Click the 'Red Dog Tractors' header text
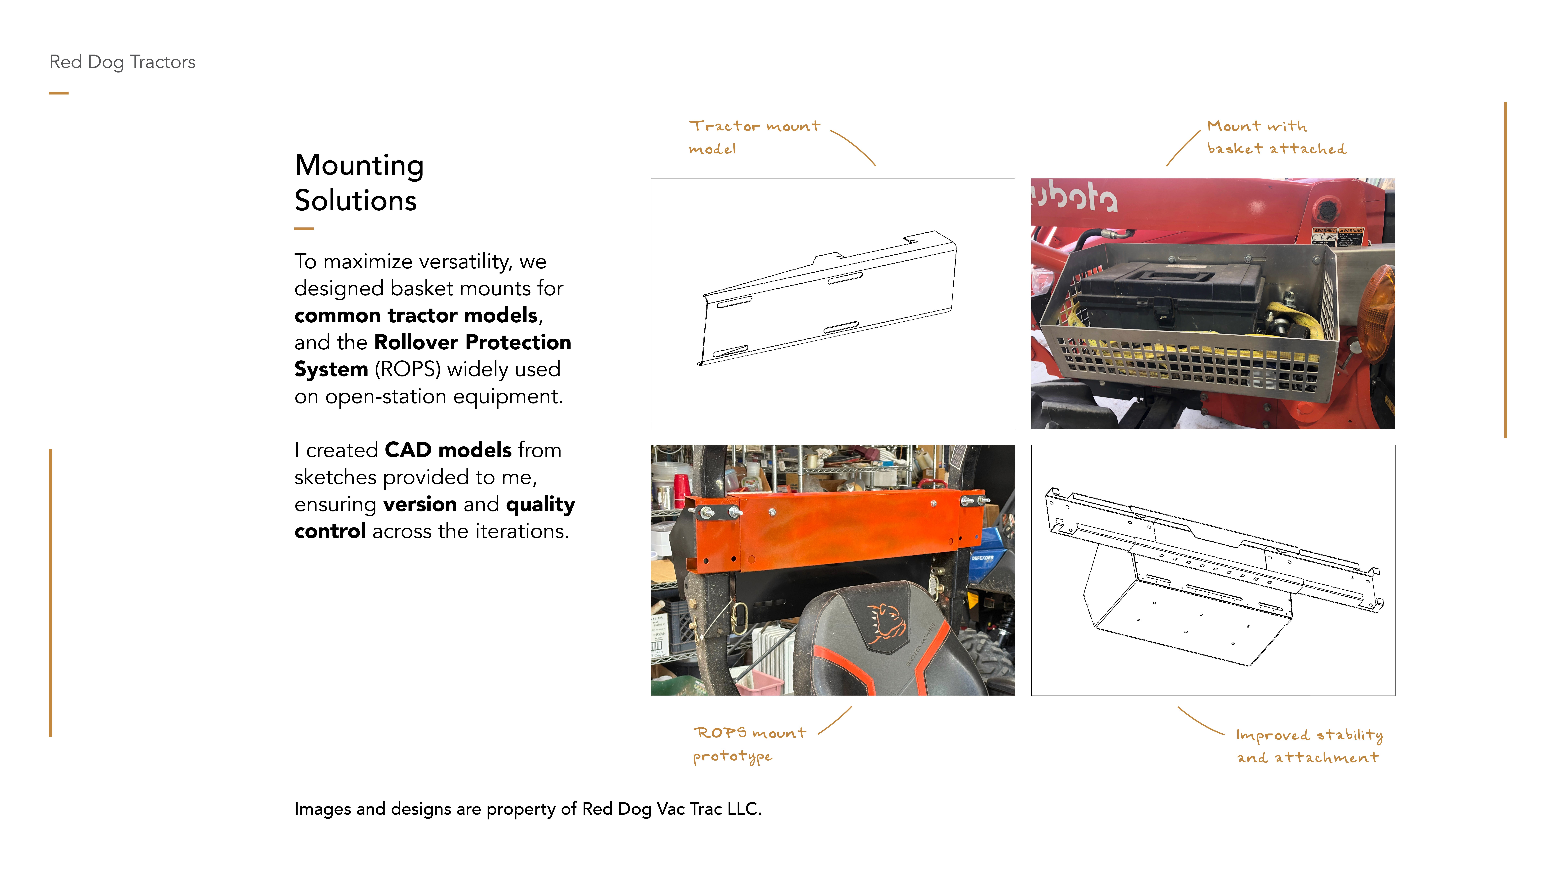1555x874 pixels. coord(123,62)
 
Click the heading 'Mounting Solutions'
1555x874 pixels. coord(359,182)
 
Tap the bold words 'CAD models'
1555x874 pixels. coord(448,450)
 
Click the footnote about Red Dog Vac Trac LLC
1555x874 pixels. coord(528,809)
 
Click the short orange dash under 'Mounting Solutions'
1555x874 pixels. coord(304,229)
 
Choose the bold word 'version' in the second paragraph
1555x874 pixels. coord(420,504)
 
